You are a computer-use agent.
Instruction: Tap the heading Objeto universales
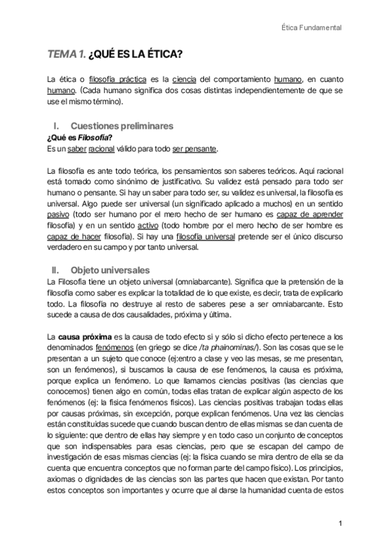(110, 269)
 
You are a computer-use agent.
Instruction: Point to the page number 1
(340, 523)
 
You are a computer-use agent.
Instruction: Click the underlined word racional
(102, 149)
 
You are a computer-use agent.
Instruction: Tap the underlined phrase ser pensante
(194, 149)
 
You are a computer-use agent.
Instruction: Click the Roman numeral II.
(55, 269)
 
